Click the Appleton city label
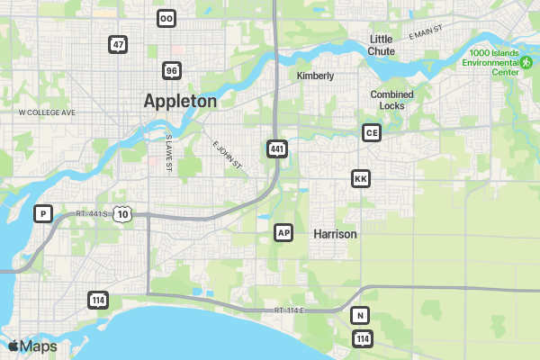(180, 102)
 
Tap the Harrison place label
(335, 234)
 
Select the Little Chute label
(382, 45)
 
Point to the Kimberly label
(315, 76)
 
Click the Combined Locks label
(392, 100)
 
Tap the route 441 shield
(277, 148)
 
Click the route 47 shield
(118, 44)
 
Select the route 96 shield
(172, 70)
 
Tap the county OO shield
(166, 18)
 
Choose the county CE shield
(371, 133)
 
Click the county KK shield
(361, 179)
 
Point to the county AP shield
(283, 233)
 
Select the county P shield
(41, 213)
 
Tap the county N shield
(360, 315)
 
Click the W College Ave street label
(47, 112)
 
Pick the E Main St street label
(426, 33)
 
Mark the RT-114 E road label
(291, 310)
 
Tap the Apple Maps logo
(32, 346)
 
